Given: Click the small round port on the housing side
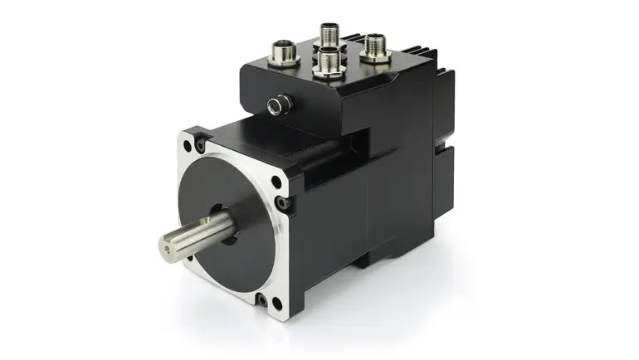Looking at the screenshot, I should (280, 103).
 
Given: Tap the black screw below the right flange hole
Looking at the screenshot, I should (285, 201).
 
